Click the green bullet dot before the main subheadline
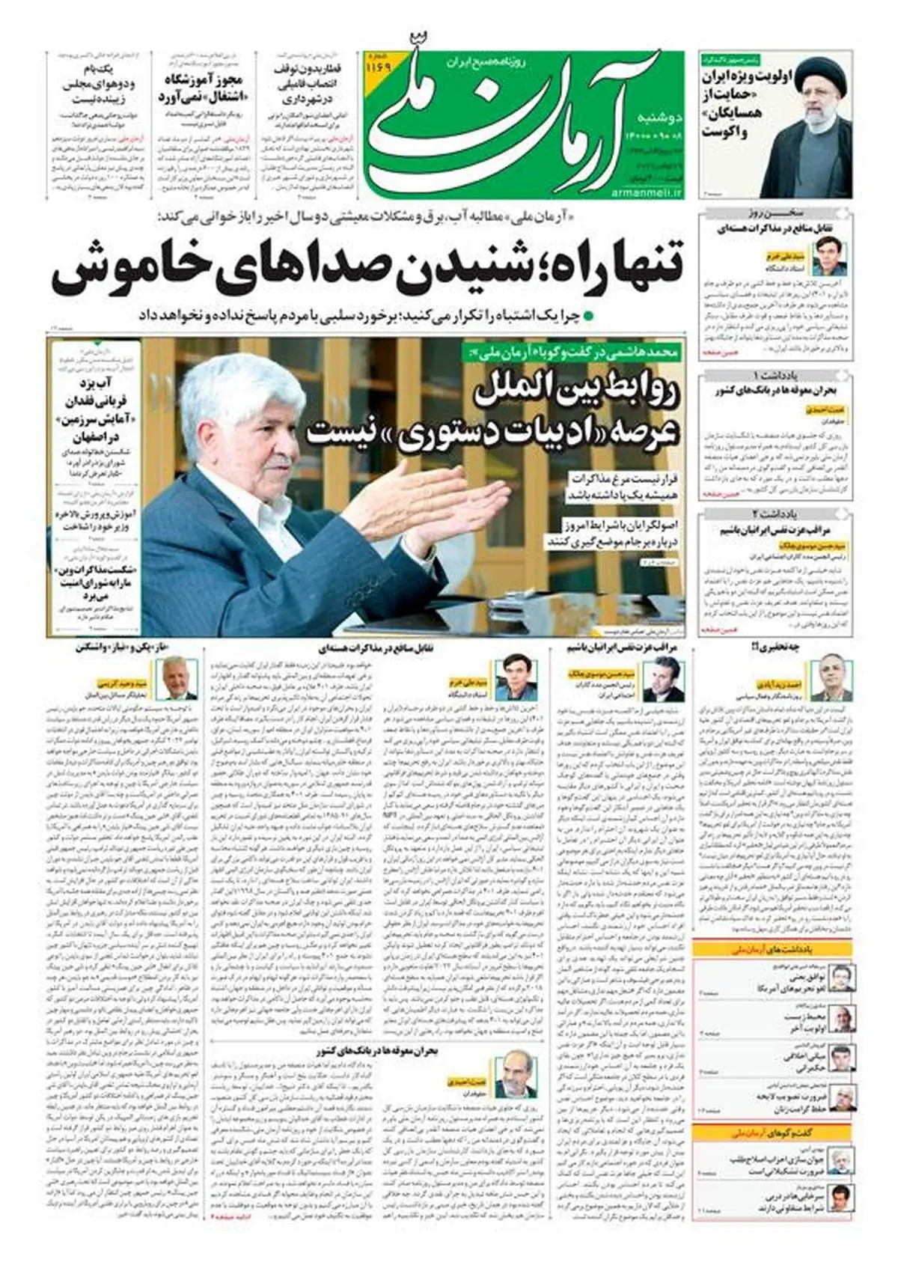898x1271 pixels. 588,316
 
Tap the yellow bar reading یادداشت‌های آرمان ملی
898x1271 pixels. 772,949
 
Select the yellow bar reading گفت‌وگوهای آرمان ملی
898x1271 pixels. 772,1133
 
